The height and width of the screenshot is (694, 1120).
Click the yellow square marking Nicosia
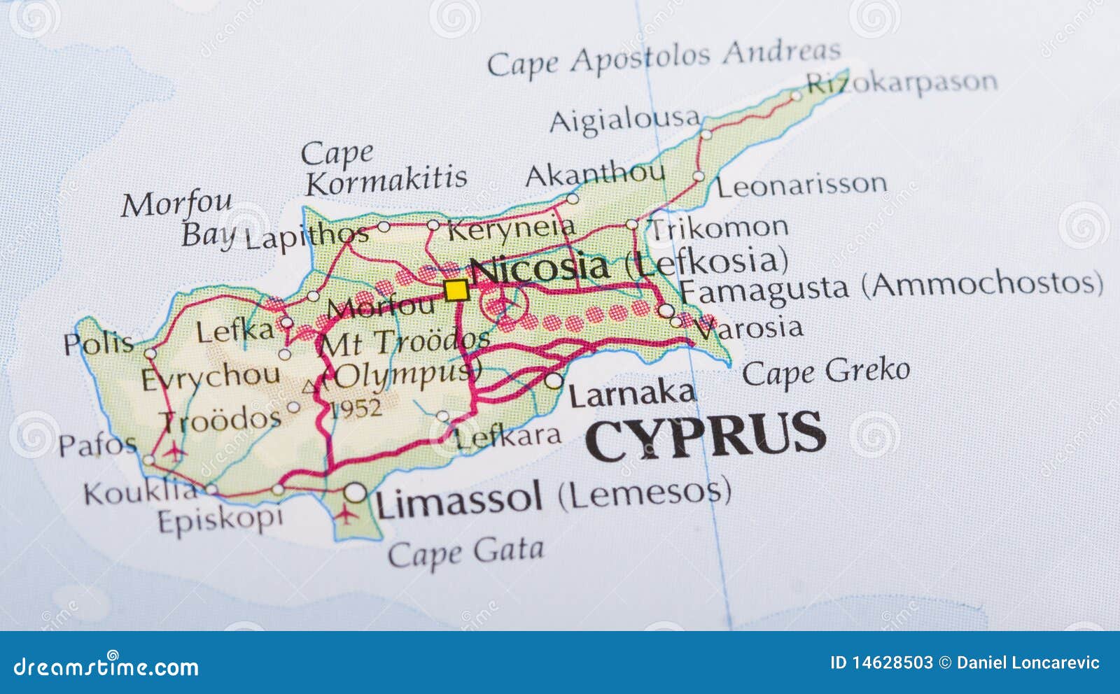[456, 290]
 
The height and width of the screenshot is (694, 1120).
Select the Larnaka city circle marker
[554, 381]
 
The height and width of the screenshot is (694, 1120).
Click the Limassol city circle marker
[355, 493]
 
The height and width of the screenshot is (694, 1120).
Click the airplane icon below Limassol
[345, 516]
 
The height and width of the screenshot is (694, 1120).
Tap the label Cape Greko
[825, 371]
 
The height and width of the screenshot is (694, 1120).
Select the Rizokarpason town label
[902, 83]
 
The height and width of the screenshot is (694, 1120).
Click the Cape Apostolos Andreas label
[664, 58]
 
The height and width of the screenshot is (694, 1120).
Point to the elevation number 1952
[356, 408]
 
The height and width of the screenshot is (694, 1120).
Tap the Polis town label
[99, 343]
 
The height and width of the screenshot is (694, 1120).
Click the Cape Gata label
[465, 552]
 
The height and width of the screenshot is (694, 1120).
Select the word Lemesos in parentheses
[644, 493]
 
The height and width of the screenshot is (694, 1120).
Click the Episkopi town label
[220, 520]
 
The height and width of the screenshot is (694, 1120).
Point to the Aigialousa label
[624, 120]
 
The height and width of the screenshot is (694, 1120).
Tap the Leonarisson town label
[801, 185]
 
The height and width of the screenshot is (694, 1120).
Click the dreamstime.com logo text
[106, 667]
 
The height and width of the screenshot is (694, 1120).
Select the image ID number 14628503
[891, 663]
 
